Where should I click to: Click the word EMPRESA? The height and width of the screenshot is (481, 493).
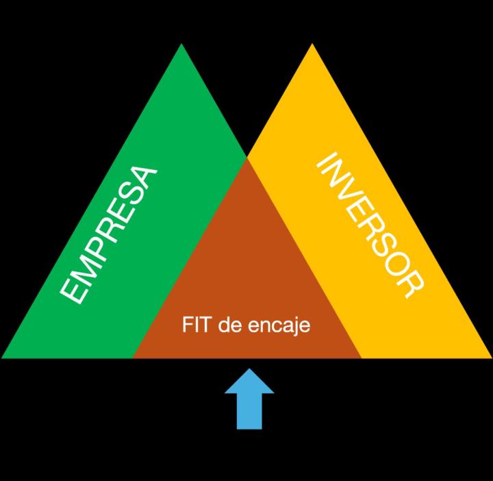tap(110, 234)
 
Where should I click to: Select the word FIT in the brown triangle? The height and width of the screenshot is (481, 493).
tap(196, 325)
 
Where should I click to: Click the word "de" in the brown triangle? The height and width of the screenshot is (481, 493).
tap(227, 325)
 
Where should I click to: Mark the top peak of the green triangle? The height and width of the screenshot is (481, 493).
tap(181, 45)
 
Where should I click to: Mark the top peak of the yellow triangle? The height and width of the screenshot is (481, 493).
tap(312, 45)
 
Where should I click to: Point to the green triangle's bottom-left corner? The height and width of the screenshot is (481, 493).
tap(4, 356)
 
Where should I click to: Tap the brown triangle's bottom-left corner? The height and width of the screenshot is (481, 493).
tap(134, 356)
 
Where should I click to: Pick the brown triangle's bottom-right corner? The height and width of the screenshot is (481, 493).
tap(360, 356)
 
